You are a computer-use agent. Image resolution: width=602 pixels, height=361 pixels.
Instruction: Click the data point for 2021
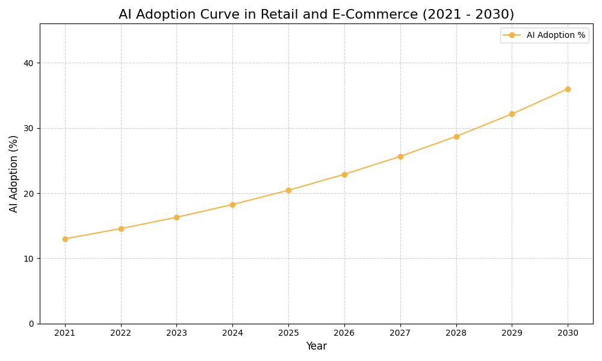(x=65, y=239)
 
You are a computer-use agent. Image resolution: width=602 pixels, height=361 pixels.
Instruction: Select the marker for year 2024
(x=232, y=205)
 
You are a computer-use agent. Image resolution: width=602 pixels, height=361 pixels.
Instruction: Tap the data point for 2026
(x=344, y=174)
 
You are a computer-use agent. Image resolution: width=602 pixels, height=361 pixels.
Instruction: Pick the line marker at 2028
(x=456, y=137)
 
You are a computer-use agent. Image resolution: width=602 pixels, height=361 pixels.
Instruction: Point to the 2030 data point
(x=568, y=89)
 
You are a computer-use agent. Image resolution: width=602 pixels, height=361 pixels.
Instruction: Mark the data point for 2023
(x=176, y=217)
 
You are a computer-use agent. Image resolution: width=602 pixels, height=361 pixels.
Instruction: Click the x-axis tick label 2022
(x=121, y=333)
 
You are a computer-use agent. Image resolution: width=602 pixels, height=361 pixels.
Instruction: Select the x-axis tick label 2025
(x=288, y=333)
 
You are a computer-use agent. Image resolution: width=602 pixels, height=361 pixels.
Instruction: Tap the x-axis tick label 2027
(x=400, y=333)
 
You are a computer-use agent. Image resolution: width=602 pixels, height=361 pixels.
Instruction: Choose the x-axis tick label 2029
(x=512, y=333)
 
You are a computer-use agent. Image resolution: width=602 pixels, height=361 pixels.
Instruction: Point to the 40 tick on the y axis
(x=28, y=63)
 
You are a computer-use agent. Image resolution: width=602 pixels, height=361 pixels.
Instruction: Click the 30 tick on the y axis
(x=28, y=128)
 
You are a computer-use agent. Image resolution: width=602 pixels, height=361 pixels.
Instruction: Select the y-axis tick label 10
(x=28, y=259)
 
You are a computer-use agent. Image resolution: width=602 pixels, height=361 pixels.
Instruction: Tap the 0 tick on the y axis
(x=31, y=324)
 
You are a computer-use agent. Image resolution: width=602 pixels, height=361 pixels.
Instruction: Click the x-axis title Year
(x=316, y=347)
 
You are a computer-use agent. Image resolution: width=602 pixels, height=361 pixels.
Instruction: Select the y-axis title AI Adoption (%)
(x=14, y=173)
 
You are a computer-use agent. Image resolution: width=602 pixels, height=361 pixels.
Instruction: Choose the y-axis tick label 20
(x=28, y=194)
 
